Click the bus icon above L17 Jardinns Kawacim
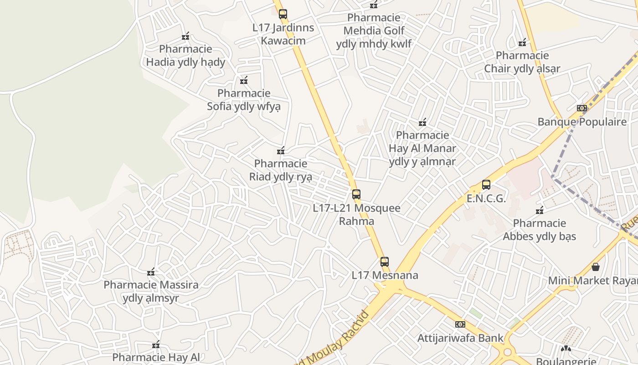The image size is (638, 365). pos(283,14)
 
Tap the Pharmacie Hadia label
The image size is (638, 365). pos(185,56)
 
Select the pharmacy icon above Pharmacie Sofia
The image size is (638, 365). pos(244,81)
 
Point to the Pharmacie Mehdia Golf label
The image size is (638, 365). pos(374,31)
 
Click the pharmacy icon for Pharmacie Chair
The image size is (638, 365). pos(522,43)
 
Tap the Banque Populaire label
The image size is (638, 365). pos(582,122)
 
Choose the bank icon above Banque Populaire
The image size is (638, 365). pos(582,108)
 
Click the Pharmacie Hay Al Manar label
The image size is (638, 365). pos(422,148)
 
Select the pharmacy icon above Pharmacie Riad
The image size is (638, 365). pos(281,151)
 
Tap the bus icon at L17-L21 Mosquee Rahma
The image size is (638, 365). pos(356,194)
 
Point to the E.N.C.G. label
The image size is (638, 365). pos(486,198)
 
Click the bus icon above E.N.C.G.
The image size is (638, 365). pos(486,185)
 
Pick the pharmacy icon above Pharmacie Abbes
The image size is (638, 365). pos(540,210)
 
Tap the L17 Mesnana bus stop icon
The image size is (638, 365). pos(385,262)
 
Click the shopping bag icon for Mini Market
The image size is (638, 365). pos(595,267)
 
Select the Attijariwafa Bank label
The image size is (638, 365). pos(460,338)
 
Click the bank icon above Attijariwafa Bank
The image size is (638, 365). pos(460,324)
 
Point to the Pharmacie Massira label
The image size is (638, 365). pos(151,292)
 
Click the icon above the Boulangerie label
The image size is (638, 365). pos(566,349)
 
